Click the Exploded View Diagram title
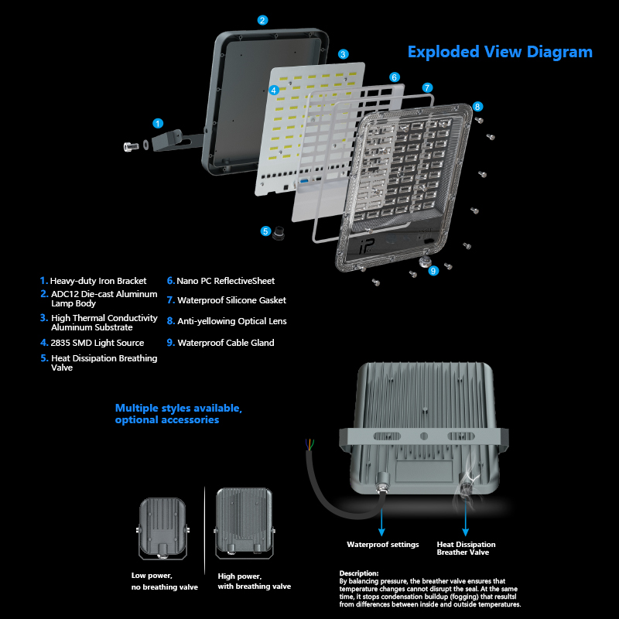point(500,52)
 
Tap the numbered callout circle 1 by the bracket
point(158,124)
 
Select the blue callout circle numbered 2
point(262,20)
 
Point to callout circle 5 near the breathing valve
point(265,231)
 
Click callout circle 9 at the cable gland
point(433,271)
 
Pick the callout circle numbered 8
point(477,107)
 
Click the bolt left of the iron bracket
point(131,146)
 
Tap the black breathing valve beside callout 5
point(279,233)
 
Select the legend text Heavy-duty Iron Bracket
point(98,281)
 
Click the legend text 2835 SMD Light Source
point(97,343)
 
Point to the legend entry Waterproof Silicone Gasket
point(231,300)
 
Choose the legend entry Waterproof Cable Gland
point(226,343)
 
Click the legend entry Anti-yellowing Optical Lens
point(232,321)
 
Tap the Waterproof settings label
point(383,545)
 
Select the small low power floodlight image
point(162,529)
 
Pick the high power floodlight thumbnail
point(245,523)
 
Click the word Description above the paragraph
point(359,573)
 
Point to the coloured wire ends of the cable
point(310,444)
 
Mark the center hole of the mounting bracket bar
point(424,436)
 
